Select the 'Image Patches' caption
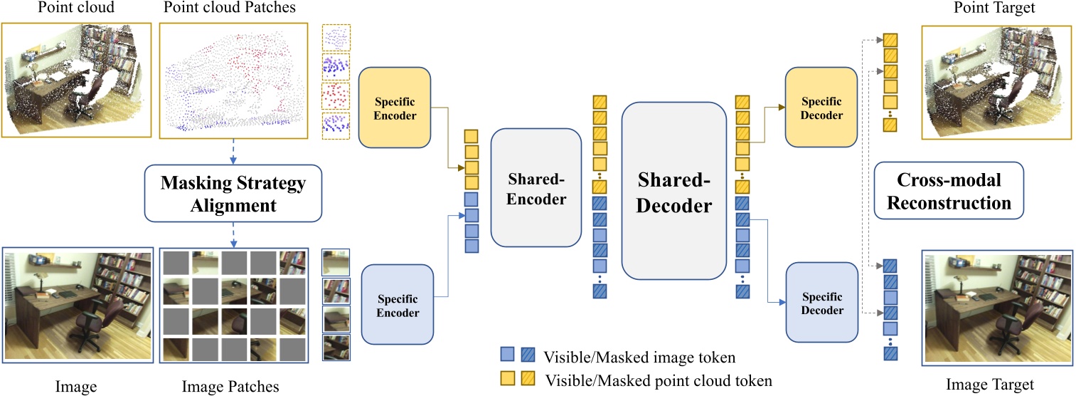click(x=230, y=387)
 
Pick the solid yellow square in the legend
click(x=506, y=380)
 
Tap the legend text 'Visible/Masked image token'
click(x=637, y=357)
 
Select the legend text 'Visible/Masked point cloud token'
click(x=658, y=380)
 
